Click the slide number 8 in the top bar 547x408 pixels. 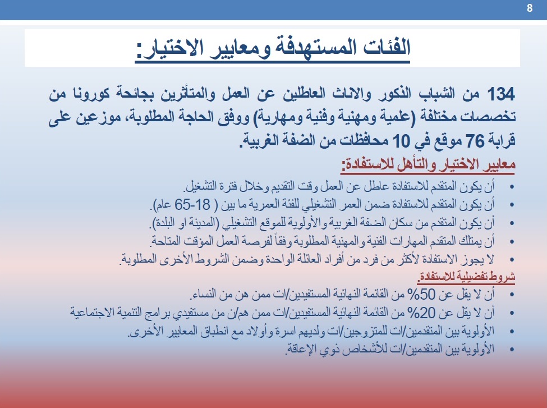pos(530,8)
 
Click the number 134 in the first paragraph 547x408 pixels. pos(500,94)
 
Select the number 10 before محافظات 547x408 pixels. pos(401,141)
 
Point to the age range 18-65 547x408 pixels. pos(192,205)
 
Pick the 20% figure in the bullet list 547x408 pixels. pos(424,313)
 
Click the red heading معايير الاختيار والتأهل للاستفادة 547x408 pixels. pos(428,165)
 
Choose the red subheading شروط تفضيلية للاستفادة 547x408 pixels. pos(466,277)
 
